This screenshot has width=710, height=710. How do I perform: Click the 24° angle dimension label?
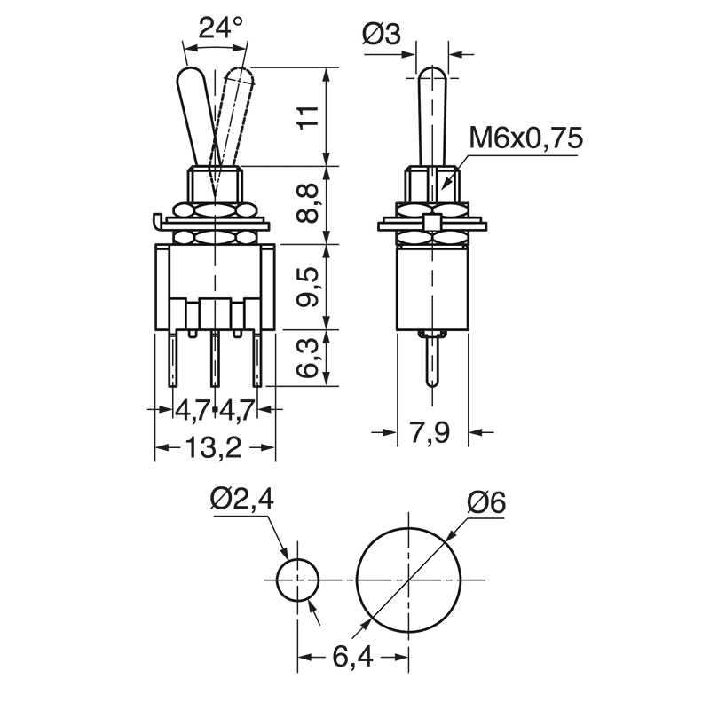click(x=220, y=28)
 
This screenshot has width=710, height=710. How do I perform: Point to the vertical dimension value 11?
click(x=306, y=116)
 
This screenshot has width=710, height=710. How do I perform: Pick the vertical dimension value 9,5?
click(x=306, y=286)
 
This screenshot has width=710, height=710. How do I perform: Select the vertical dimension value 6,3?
click(x=306, y=357)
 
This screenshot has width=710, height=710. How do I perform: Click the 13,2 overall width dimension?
click(x=215, y=448)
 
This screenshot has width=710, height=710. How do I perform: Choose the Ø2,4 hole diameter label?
click(x=242, y=501)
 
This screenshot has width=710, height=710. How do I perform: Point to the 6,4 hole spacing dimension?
click(x=352, y=658)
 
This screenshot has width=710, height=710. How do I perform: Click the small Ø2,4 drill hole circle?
click(x=297, y=581)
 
